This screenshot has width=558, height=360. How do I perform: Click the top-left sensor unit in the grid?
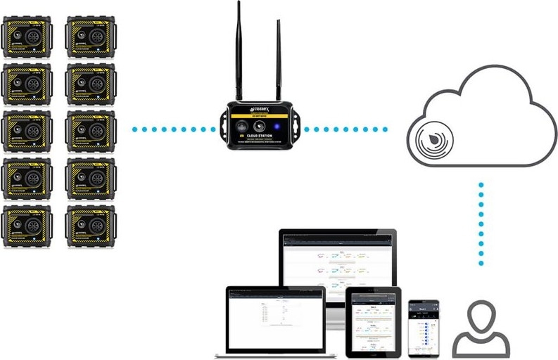pos(27,37)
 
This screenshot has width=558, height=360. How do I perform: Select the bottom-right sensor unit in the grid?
pos(90,225)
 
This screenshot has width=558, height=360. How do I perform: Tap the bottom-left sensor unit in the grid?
pos(27,225)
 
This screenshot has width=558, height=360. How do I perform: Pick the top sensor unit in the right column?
pos(90,37)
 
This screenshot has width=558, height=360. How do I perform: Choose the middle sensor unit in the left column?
pos(27,131)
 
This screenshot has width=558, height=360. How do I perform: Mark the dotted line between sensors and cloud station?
pos(174,129)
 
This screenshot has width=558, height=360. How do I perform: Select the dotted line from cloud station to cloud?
pos(345,129)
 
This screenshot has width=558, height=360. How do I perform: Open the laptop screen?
pos(275,316)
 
